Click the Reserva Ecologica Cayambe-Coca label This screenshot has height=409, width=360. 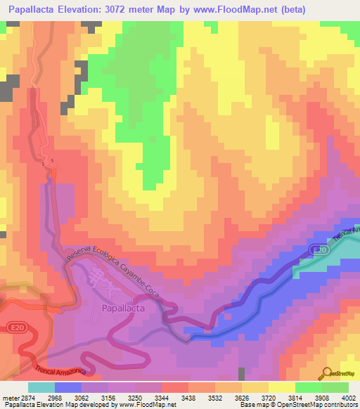click(115, 275)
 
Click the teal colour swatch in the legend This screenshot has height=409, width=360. click(41, 387)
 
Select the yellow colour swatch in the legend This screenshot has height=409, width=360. click(281, 387)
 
